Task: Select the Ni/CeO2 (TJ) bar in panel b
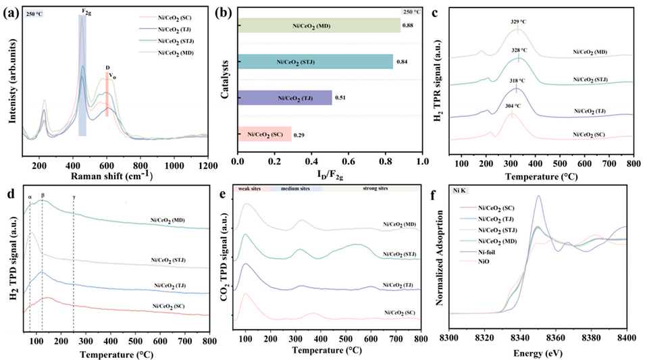(284, 97)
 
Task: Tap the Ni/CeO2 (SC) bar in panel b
(264, 134)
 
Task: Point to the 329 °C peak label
(518, 22)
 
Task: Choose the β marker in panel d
(43, 197)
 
